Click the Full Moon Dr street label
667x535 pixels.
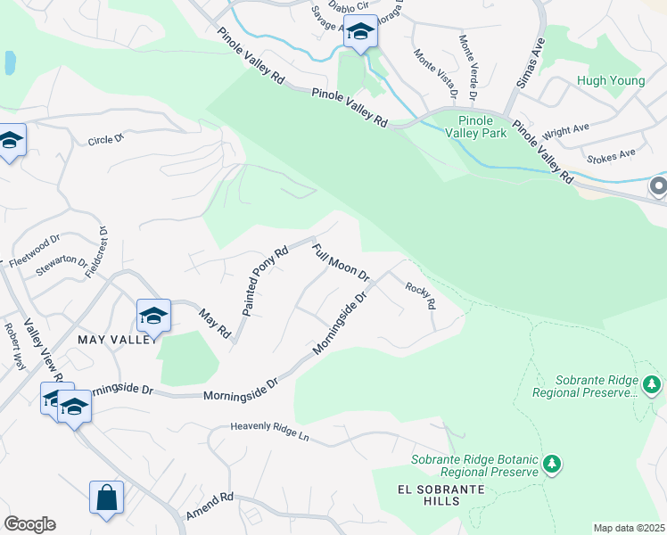(x=341, y=259)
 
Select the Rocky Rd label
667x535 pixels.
(x=420, y=295)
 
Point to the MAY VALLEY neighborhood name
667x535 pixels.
(x=118, y=340)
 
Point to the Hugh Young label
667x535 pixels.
(x=609, y=80)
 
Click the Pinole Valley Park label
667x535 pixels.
(x=482, y=127)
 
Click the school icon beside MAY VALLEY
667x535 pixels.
(x=153, y=316)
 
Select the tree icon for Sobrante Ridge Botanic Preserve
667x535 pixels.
(x=553, y=465)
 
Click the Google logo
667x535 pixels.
(x=29, y=524)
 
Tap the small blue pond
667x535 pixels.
(x=9, y=62)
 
